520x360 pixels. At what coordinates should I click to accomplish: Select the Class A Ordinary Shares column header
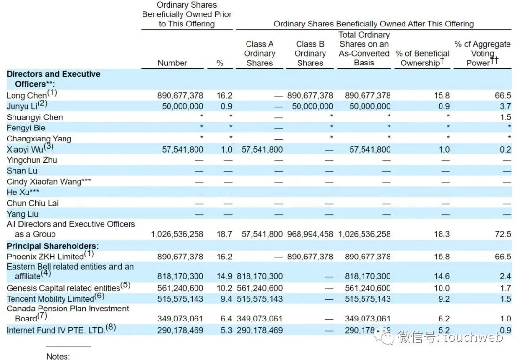(260, 53)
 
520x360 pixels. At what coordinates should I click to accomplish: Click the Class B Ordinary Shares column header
(310, 53)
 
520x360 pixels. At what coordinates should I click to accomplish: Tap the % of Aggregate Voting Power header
(482, 53)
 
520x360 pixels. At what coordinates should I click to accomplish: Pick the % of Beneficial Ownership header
(422, 58)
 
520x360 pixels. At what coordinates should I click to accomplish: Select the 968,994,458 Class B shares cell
(310, 234)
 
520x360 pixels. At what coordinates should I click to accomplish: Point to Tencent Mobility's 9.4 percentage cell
(224, 298)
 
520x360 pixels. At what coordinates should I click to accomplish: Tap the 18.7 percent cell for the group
(224, 234)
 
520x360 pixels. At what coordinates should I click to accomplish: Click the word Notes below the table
(58, 356)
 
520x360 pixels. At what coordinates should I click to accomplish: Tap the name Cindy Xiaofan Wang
(49, 181)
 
